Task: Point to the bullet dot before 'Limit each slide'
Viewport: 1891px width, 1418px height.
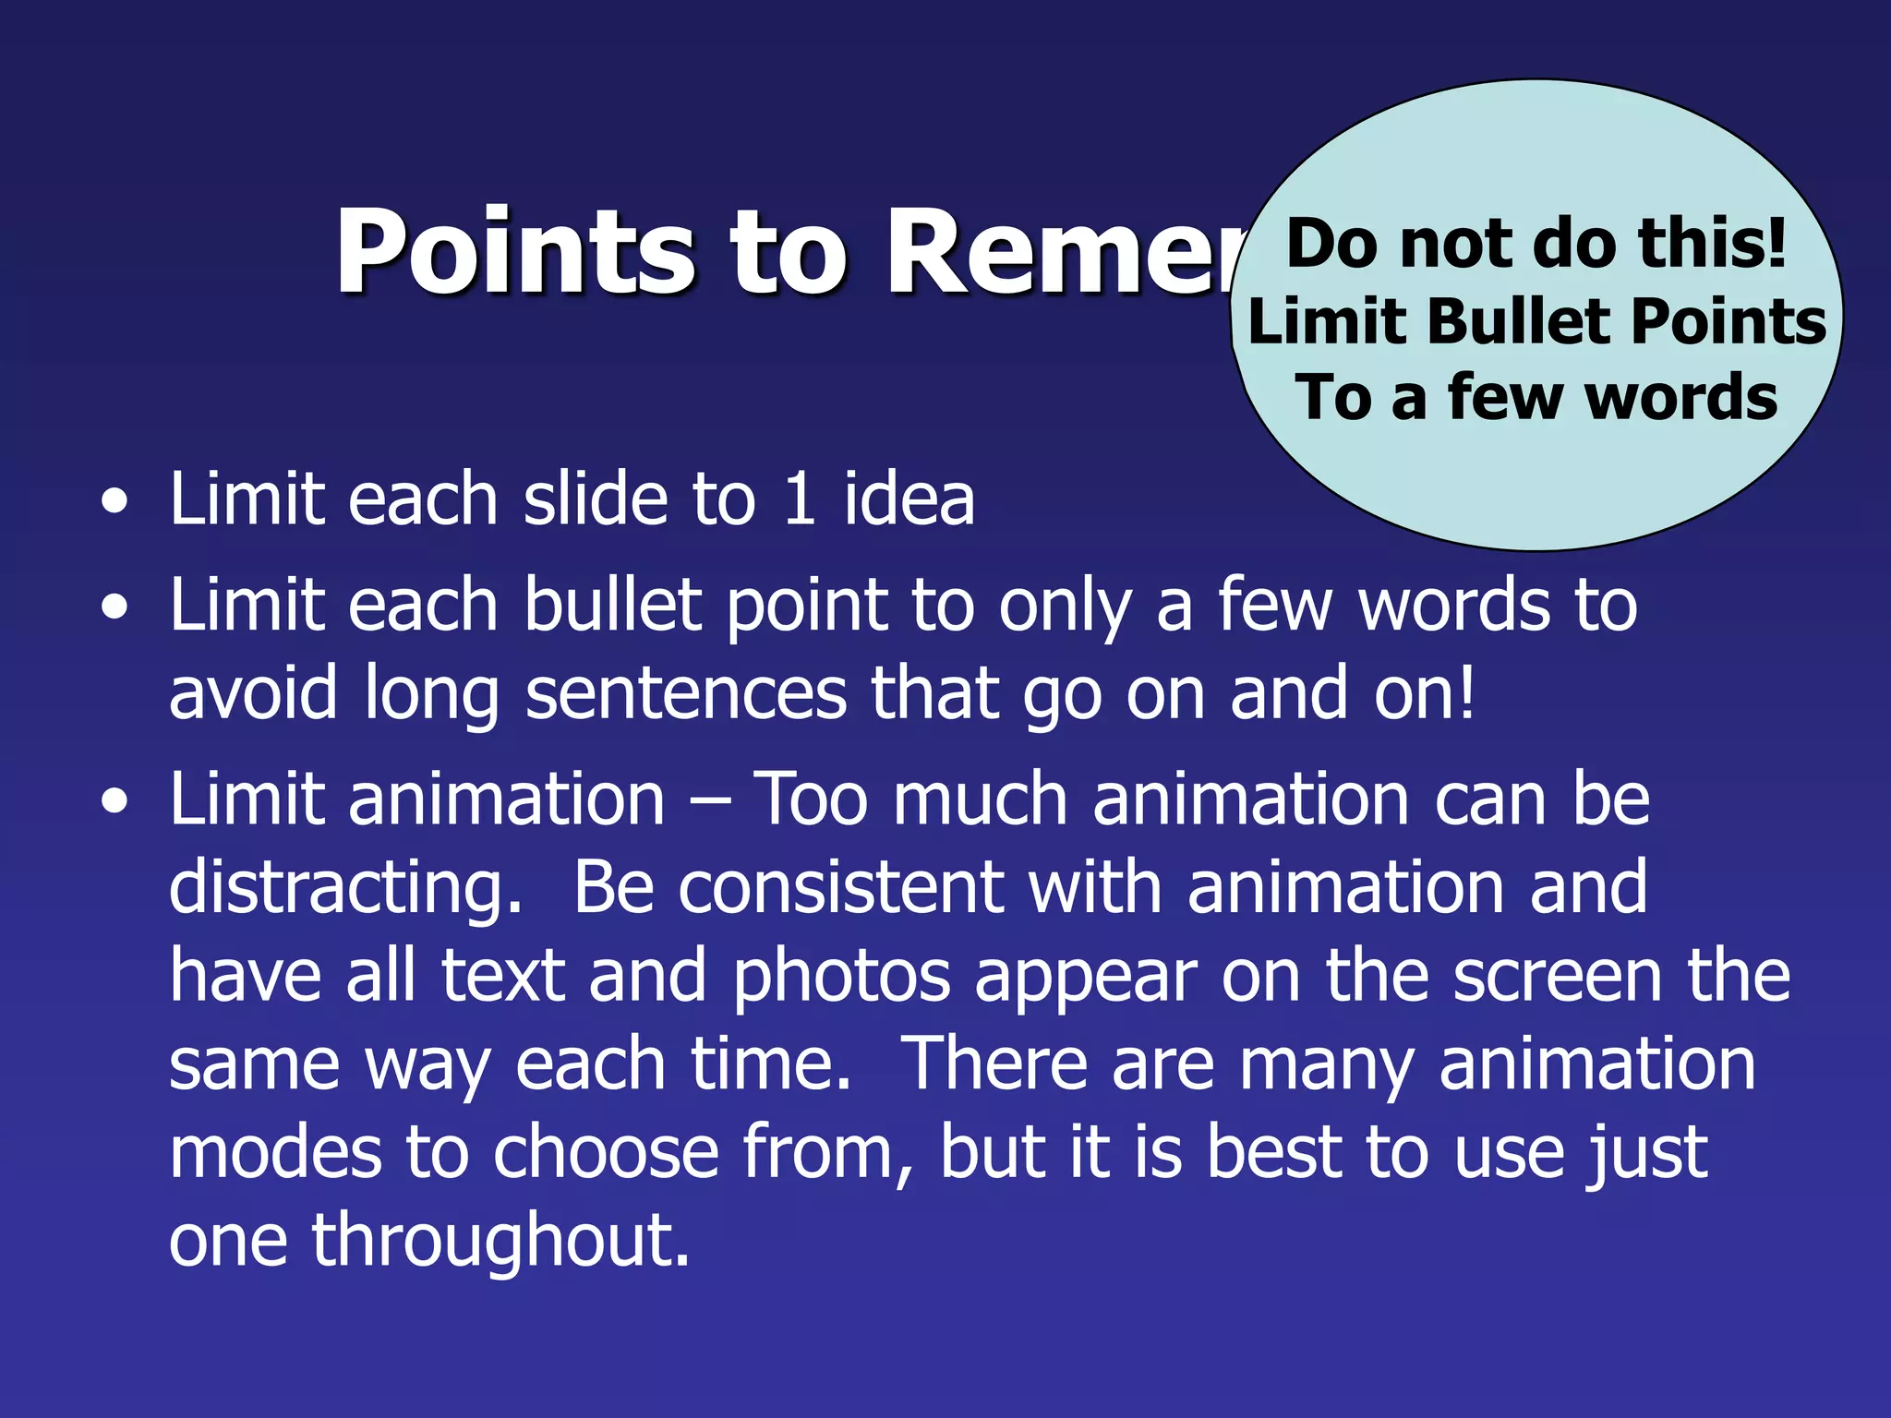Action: pos(114,503)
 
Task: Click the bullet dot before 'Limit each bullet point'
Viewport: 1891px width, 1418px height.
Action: pos(114,608)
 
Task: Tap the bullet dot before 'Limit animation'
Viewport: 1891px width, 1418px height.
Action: pos(114,801)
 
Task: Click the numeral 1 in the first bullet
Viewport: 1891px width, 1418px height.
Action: pos(800,499)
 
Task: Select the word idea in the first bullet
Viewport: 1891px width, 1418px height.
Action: pos(909,499)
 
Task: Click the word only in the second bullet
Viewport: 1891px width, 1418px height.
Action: pos(1065,607)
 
